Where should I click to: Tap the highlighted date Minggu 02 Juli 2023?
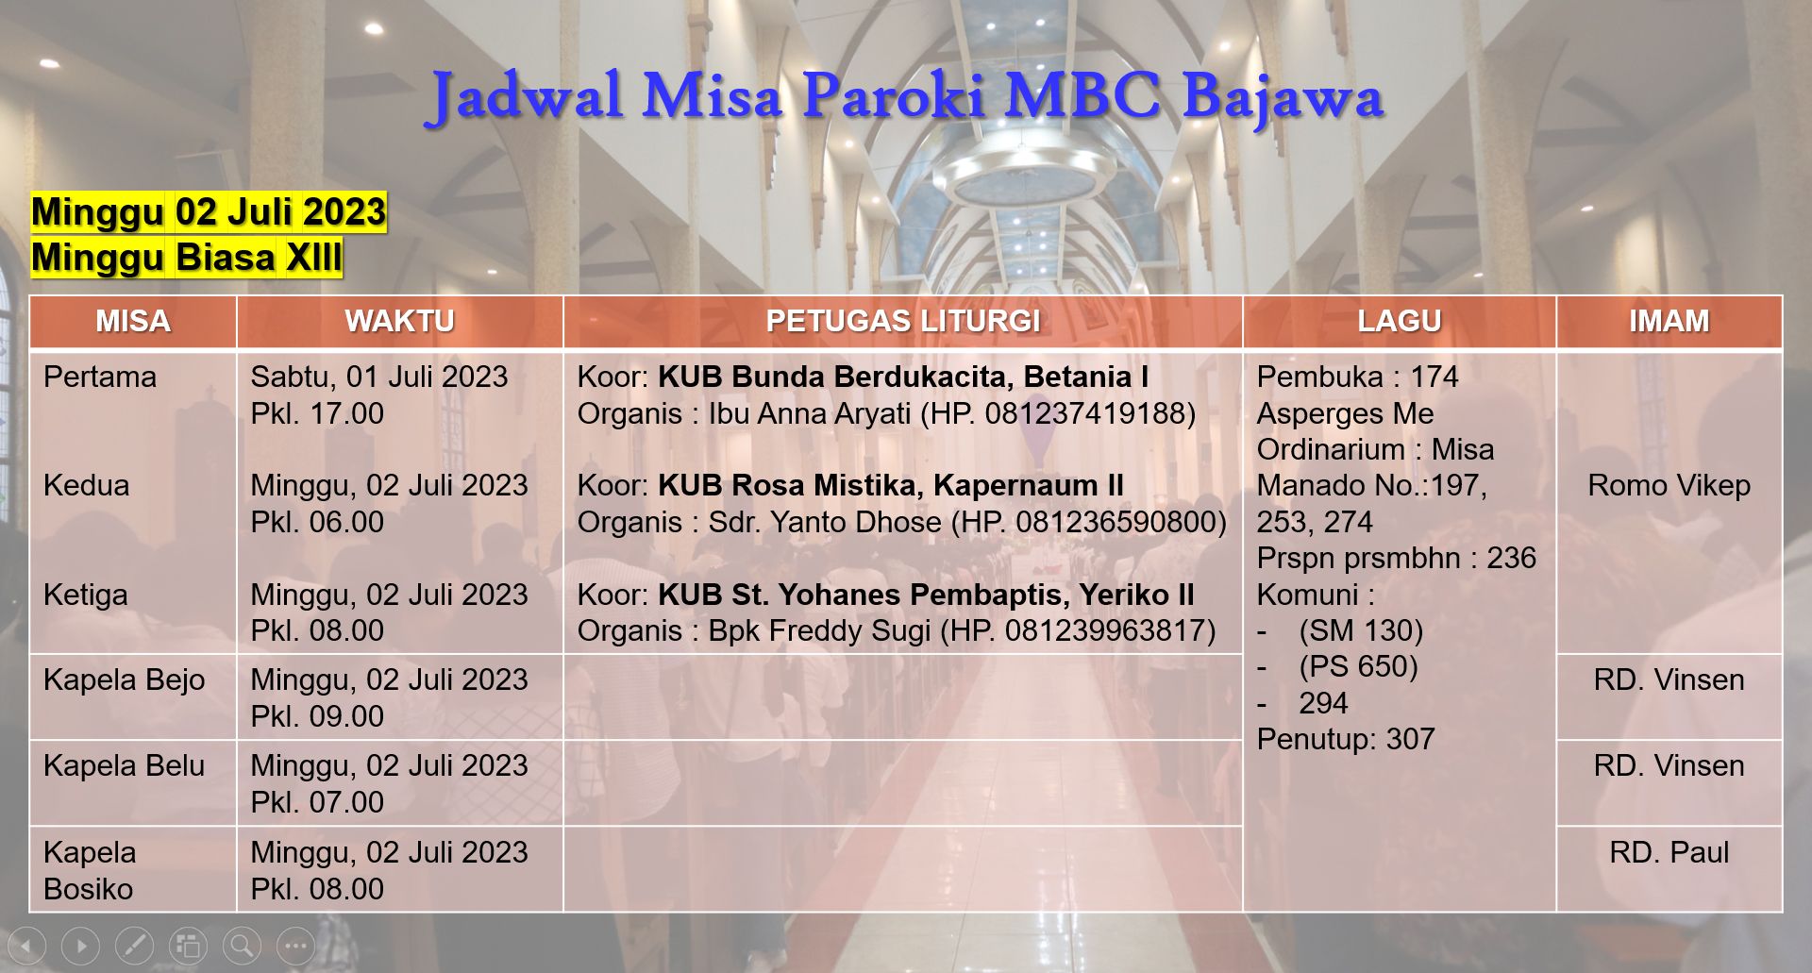tap(209, 212)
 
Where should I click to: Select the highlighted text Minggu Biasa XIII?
tap(187, 258)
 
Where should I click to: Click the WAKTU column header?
tap(399, 321)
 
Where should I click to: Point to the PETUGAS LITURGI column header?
tap(903, 321)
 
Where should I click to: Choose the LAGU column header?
tap(1400, 321)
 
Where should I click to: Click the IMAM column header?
tap(1669, 321)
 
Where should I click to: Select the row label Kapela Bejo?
tap(125, 679)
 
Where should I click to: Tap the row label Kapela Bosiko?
tap(90, 870)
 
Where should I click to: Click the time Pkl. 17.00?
tap(317, 413)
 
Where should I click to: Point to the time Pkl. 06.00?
tap(317, 522)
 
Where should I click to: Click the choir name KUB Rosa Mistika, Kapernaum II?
tap(891, 485)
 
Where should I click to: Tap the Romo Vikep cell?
tap(1669, 485)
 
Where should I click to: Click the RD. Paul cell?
tap(1669, 852)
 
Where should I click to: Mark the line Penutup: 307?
tap(1346, 739)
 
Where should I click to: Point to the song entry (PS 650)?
tap(1358, 666)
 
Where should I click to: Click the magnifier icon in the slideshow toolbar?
tap(242, 946)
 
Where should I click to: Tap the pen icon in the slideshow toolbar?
tap(134, 946)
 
